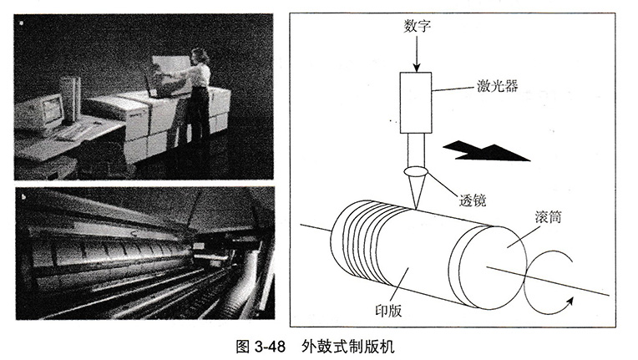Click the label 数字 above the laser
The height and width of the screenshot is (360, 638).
point(417,26)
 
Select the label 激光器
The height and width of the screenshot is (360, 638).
point(497,86)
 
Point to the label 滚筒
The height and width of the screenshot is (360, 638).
point(548,217)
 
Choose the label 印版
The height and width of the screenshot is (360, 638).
point(388,311)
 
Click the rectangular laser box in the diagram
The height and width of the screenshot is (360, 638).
point(415,103)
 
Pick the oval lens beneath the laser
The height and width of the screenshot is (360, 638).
point(416,172)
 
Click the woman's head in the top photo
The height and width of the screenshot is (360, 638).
point(199,56)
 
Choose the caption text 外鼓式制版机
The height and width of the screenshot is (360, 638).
point(348,347)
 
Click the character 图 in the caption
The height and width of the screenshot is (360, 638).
point(243,347)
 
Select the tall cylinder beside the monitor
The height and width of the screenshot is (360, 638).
point(70,99)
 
